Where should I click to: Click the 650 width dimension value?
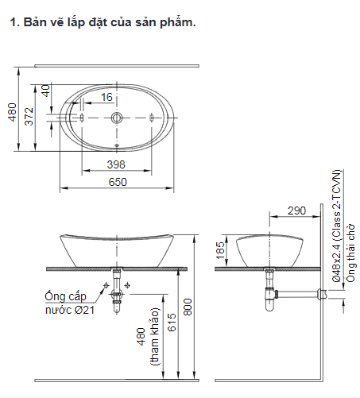click(118, 182)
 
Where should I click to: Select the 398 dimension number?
click(116, 164)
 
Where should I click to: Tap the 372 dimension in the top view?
click(29, 116)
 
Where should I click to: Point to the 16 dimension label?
click(106, 97)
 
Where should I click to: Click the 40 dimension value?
click(46, 91)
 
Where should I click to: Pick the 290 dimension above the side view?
click(297, 211)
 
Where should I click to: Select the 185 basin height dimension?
click(220, 250)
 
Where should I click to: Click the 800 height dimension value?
click(188, 307)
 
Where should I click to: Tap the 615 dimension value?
click(172, 323)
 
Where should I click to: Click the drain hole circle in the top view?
click(117, 118)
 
